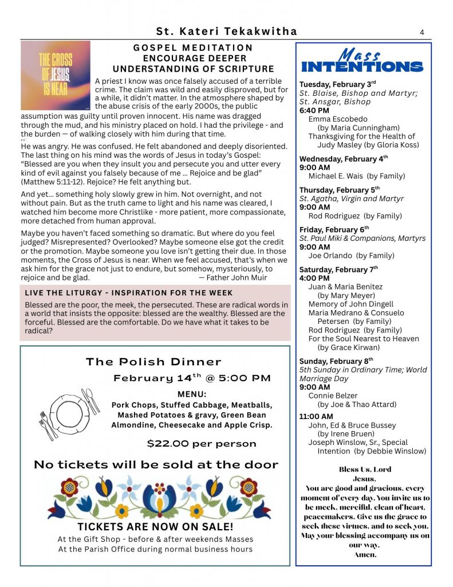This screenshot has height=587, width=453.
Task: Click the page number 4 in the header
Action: [422, 32]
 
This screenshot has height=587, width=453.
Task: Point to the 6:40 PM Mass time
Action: [314, 110]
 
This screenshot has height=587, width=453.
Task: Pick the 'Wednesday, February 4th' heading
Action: [344, 159]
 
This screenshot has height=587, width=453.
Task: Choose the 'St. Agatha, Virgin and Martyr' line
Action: [351, 199]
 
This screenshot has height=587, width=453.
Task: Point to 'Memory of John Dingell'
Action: [350, 304]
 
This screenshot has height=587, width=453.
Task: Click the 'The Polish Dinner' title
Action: [153, 362]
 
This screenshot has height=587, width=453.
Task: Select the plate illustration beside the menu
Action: [66, 412]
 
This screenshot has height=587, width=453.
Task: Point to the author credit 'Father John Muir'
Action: [233, 277]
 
